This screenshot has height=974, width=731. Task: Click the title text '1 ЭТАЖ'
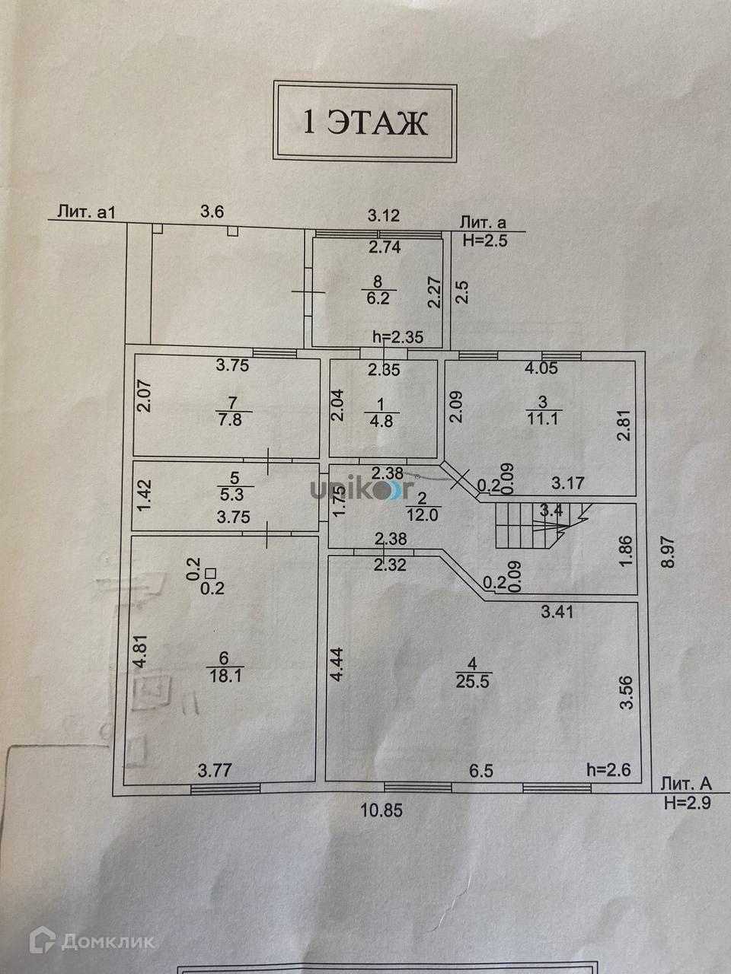(x=365, y=122)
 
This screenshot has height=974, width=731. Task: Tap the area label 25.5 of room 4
(x=474, y=681)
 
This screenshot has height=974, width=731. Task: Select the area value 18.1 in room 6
(x=225, y=675)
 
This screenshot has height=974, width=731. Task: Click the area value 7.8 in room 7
(x=229, y=419)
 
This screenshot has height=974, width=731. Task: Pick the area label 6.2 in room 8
(x=378, y=299)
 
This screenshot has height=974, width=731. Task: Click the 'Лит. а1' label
(x=86, y=212)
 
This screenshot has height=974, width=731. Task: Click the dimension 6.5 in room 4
(x=481, y=771)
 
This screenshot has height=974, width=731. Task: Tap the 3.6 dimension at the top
(x=212, y=212)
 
